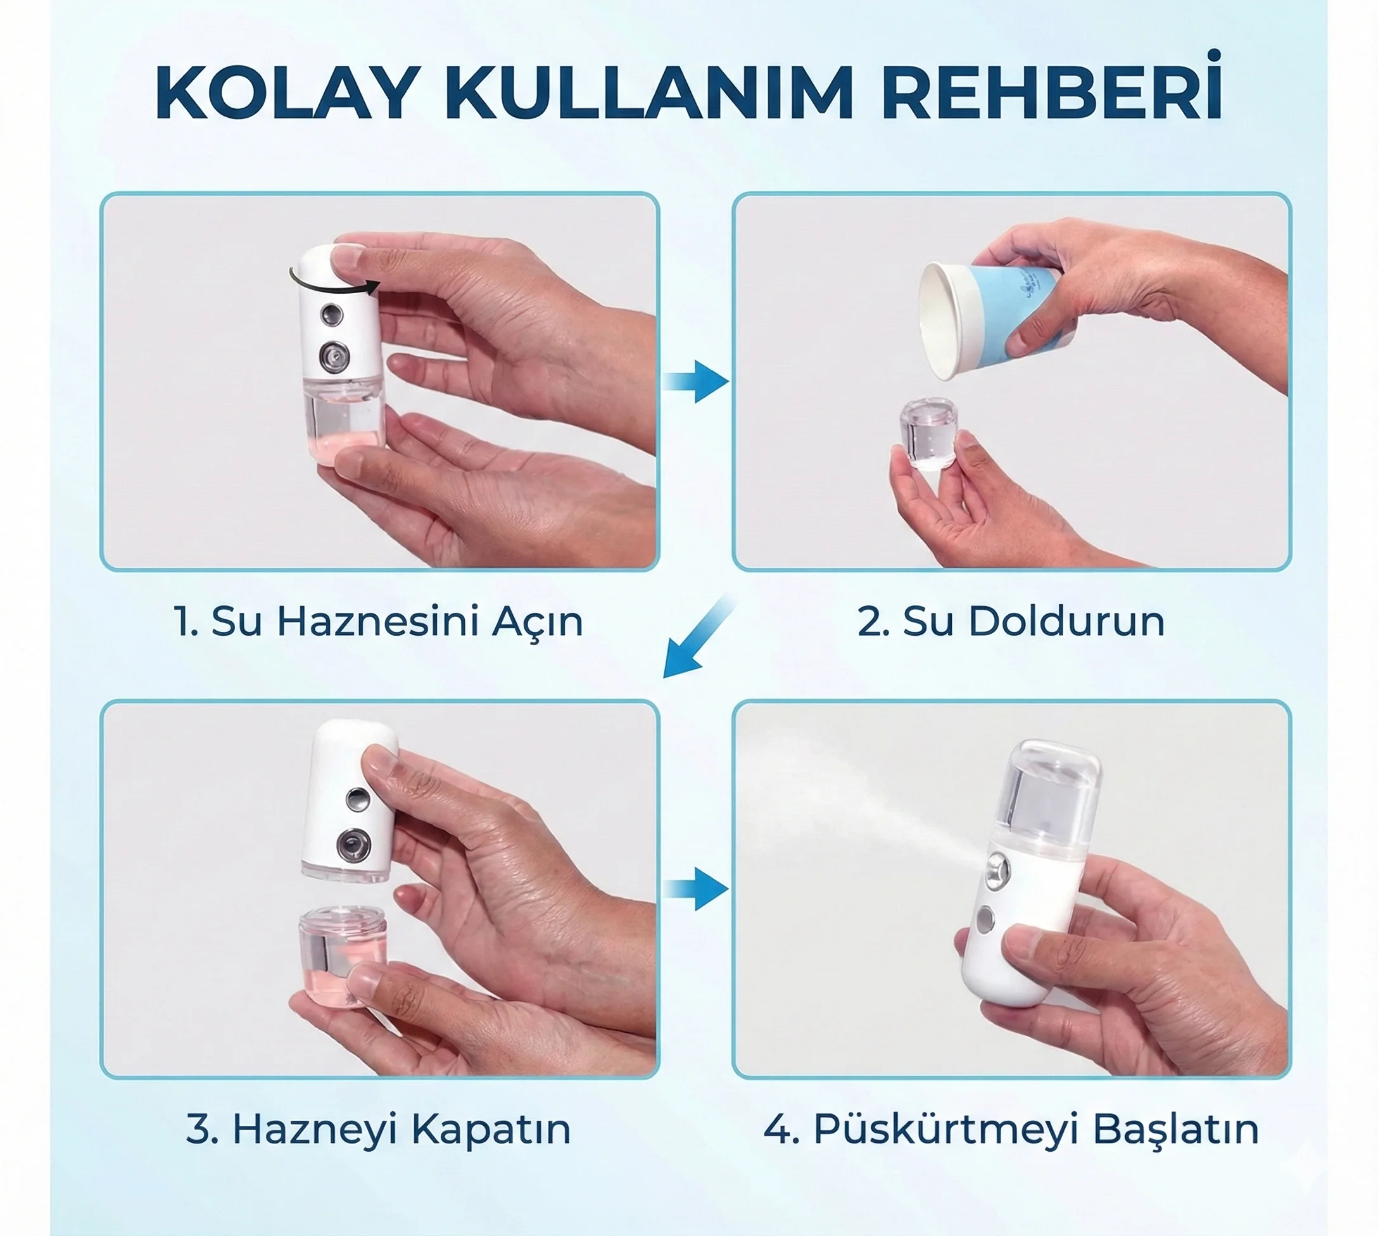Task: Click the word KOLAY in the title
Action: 284,93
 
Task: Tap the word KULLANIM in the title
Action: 648,93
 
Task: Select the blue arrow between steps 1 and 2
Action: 696,382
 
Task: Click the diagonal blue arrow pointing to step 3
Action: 698,638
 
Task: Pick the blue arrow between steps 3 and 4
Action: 696,888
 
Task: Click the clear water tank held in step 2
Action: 928,434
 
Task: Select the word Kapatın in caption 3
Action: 491,1130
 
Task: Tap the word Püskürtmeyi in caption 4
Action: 946,1130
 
